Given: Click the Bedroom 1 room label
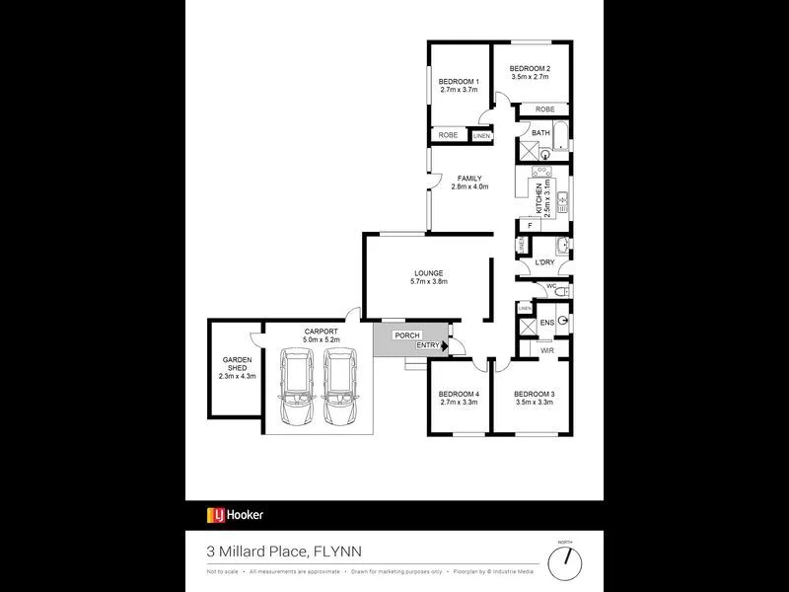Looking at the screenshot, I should point(459,81).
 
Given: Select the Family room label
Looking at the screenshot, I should point(469,179).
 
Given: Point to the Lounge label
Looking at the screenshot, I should point(428,273).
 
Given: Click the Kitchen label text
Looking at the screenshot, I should point(538,200).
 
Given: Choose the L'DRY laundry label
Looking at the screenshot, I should point(543,263).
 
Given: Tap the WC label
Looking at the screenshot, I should point(552,286).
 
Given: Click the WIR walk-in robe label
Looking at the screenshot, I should point(546,350).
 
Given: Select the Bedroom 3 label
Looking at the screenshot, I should point(534,395).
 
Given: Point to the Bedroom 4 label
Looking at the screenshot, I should point(459,395).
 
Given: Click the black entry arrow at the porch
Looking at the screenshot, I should point(446,345).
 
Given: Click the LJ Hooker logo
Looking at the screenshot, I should point(235,514).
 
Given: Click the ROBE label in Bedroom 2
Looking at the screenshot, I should point(544,109).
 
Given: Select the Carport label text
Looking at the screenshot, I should point(321,332).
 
